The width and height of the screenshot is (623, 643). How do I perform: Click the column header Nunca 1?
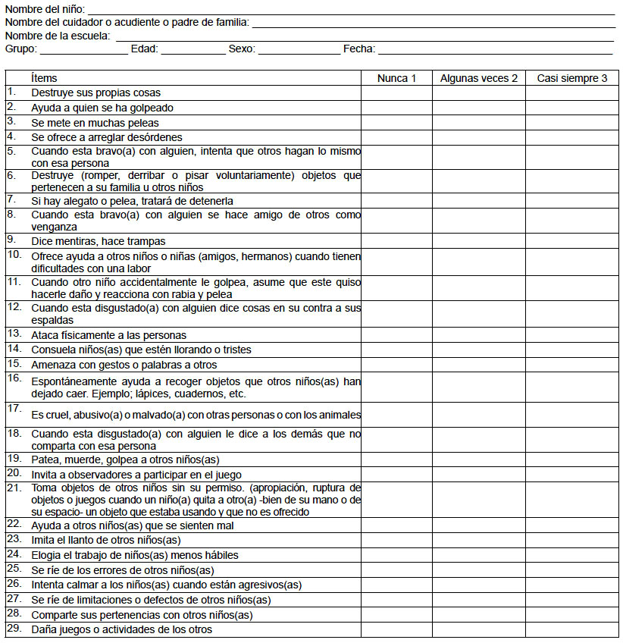[x=397, y=78]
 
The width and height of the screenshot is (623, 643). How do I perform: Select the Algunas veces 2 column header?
[x=479, y=78]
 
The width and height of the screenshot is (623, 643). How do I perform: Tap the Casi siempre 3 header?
[x=572, y=78]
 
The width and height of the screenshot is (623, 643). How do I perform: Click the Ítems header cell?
[x=44, y=78]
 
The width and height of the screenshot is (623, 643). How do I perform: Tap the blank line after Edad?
[x=193, y=50]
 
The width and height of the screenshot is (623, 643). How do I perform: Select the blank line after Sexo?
[x=299, y=50]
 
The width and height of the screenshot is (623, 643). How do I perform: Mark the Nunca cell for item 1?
[x=397, y=93]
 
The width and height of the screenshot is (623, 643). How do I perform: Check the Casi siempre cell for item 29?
[x=572, y=629]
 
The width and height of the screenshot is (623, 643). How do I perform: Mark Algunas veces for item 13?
[x=479, y=334]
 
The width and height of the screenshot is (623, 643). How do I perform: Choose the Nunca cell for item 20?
[x=397, y=474]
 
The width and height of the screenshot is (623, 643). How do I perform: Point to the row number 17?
[x=14, y=408]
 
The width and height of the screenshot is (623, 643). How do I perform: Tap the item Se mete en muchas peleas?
[x=95, y=122]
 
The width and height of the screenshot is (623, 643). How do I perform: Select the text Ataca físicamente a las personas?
[x=108, y=334]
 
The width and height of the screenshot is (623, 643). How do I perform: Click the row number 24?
[x=14, y=554]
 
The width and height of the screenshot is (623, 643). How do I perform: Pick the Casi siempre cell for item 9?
[x=572, y=242]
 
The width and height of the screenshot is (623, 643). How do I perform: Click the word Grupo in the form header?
[x=20, y=49]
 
